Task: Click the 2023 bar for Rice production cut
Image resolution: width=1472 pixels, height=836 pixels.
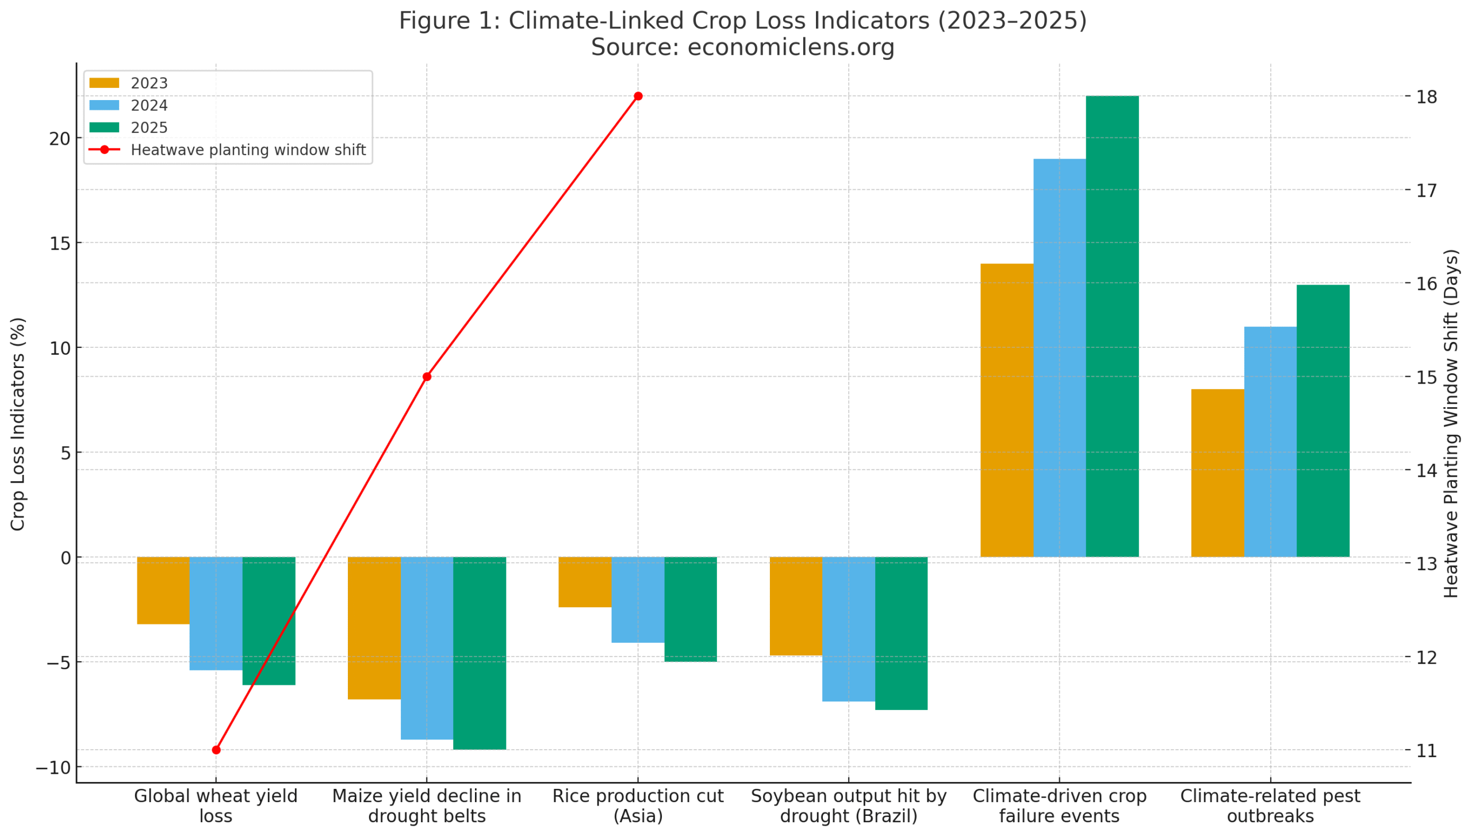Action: click(585, 582)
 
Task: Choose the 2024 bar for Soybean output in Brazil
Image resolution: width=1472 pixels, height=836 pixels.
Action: click(848, 629)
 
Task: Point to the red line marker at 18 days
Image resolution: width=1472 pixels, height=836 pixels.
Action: click(638, 96)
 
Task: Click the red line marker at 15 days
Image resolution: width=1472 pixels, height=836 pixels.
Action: click(427, 377)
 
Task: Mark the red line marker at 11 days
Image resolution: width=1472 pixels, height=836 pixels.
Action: click(216, 750)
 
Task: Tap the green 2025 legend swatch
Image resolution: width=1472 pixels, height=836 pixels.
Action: click(104, 128)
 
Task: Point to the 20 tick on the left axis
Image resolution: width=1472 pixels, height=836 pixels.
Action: click(59, 139)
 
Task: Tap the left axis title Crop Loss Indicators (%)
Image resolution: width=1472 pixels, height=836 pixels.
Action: click(18, 424)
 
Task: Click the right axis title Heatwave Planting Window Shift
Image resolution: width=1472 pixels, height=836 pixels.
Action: click(1451, 424)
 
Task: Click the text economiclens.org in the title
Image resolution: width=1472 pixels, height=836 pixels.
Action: click(791, 47)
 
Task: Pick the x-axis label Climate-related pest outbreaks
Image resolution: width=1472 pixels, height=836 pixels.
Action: click(1270, 806)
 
